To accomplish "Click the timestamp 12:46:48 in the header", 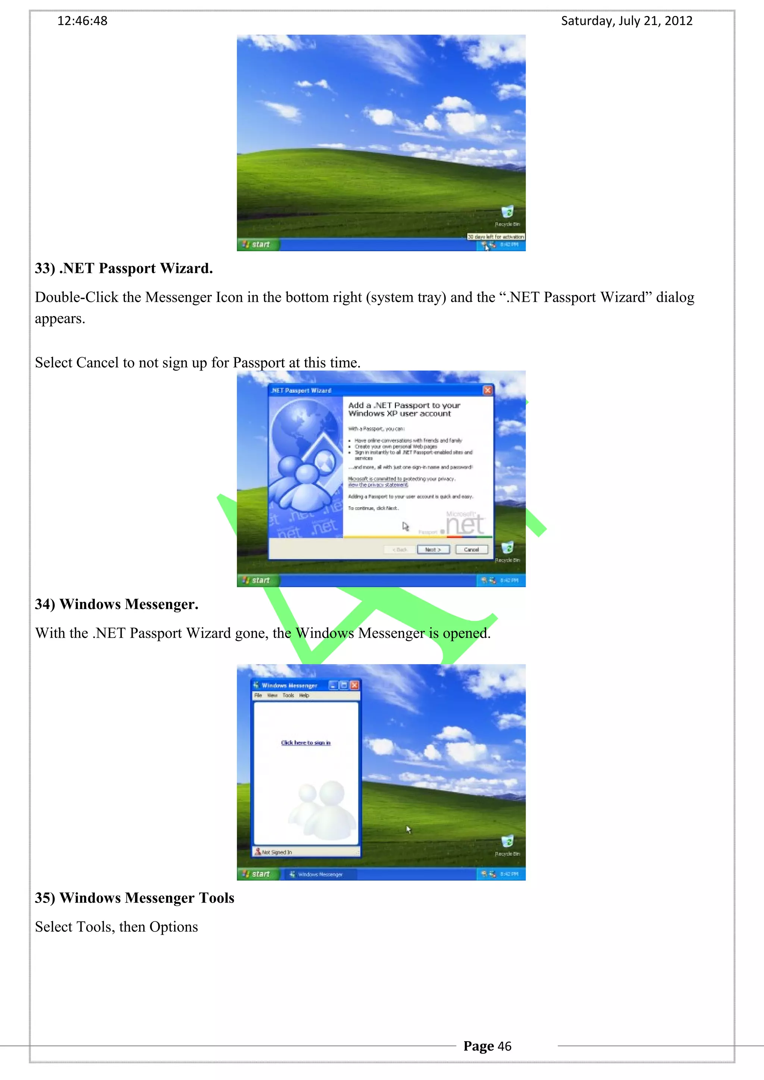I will (82, 21).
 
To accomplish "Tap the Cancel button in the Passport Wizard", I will (471, 549).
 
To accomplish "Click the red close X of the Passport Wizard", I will (488, 390).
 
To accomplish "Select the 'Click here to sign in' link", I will (306, 743).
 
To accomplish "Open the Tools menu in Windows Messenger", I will (288, 695).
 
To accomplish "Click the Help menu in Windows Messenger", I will (304, 695).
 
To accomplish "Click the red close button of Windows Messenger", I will (354, 685).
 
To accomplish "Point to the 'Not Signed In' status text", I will (277, 852).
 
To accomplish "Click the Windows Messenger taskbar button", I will (320, 874).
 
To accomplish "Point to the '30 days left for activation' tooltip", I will (496, 237).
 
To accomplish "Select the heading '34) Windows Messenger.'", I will (117, 604).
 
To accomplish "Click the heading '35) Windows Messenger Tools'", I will (135, 898).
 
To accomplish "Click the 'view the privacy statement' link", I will (378, 484).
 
